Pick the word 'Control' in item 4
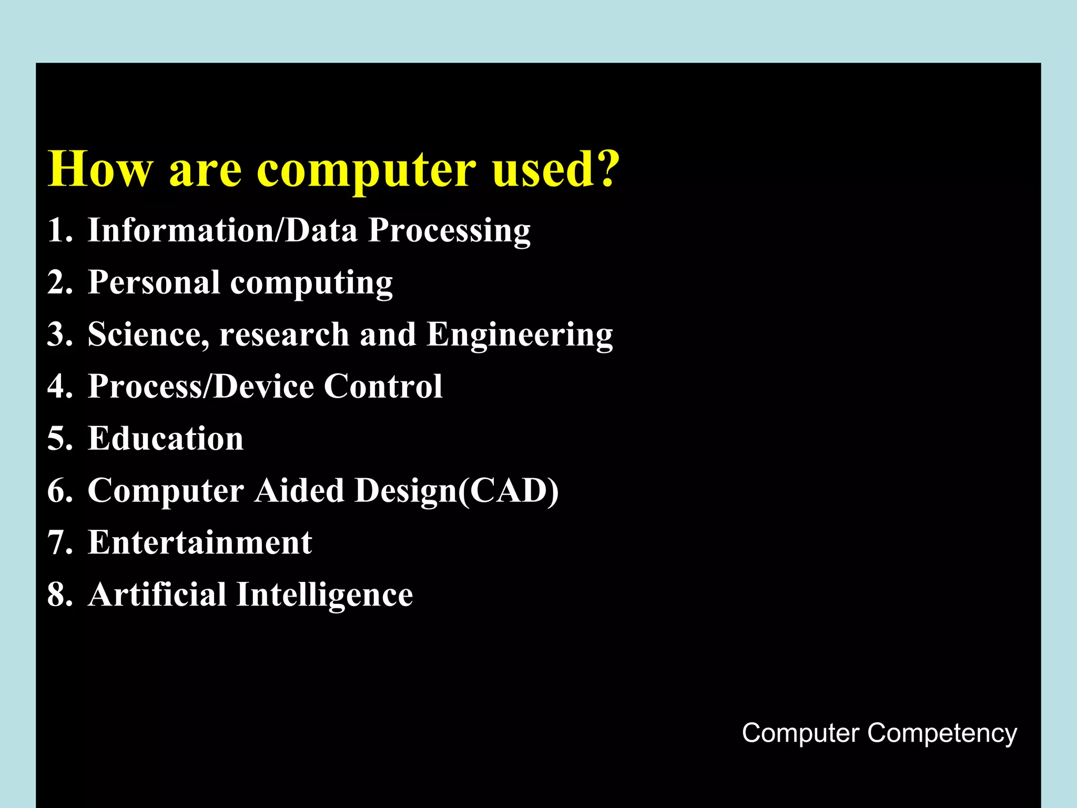pos(383,387)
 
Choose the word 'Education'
pos(166,438)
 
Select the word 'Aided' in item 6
pos(299,490)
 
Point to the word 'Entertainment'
pos(200,542)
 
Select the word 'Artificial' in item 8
pos(157,594)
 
